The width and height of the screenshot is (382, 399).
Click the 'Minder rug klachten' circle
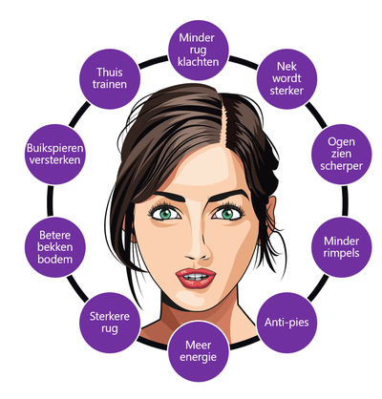pos(199,50)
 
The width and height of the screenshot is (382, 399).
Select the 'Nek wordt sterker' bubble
pos(286,78)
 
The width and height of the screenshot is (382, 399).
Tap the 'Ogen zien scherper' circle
pos(342,154)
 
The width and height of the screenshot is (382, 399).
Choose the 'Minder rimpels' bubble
pos(342,247)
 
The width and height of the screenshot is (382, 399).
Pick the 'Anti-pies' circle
pos(286,323)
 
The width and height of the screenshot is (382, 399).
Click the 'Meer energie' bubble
pos(199,351)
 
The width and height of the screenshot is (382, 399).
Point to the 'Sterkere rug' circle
pos(110,323)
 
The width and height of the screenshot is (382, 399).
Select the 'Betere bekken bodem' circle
pos(55,247)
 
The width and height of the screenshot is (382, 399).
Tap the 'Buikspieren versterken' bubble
pos(55,154)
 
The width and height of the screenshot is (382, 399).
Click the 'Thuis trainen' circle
pos(110,78)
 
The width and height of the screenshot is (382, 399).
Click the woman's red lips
pos(196,278)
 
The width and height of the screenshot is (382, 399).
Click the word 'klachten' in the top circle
pos(199,62)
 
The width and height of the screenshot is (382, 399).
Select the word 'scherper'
pos(342,167)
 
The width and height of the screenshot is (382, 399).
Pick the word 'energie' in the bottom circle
pos(199,358)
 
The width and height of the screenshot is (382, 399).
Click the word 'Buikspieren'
pos(55,149)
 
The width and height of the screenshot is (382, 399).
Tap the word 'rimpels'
pos(342,254)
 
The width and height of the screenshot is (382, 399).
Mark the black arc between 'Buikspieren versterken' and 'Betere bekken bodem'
pos(51,200)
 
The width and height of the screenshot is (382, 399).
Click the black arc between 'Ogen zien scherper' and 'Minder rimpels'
pos(345,200)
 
